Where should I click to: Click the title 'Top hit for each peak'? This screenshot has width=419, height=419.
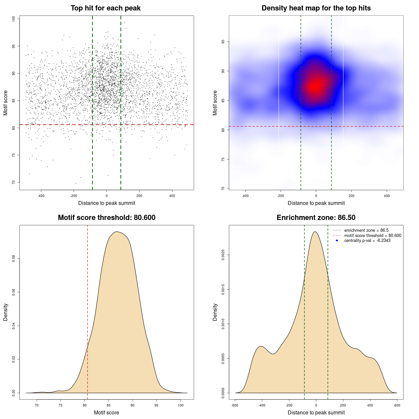[x=105, y=8]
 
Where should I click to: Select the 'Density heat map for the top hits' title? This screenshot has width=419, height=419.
[x=316, y=8]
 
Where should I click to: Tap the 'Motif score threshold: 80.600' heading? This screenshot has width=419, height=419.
[x=106, y=218]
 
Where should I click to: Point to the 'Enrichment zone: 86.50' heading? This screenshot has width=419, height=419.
[x=316, y=218]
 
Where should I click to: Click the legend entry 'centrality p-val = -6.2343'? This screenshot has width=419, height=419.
[x=367, y=241]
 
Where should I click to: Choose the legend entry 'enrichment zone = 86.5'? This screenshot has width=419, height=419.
[x=366, y=230]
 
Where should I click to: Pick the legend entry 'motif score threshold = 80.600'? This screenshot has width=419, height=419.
[x=373, y=235]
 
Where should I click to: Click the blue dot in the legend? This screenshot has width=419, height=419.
[x=337, y=241]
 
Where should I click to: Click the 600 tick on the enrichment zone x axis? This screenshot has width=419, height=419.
[x=397, y=405]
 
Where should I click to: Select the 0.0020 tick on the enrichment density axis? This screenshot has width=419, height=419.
[x=223, y=255]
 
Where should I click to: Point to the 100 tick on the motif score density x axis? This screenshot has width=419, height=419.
[x=180, y=405]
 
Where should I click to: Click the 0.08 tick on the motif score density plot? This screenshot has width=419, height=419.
[x=13, y=259]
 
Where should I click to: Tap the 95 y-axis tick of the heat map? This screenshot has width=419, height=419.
[x=223, y=42]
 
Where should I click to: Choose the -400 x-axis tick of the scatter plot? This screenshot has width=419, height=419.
[x=41, y=196]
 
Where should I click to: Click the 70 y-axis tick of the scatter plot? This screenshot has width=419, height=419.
[x=13, y=182]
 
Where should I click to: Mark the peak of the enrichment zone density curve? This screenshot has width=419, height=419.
[x=315, y=232]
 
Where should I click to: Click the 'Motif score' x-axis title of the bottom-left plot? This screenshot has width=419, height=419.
[x=106, y=412]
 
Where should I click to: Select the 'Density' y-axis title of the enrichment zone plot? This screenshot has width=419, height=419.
[x=215, y=312]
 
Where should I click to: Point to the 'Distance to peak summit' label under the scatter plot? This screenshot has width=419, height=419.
[x=107, y=203]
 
